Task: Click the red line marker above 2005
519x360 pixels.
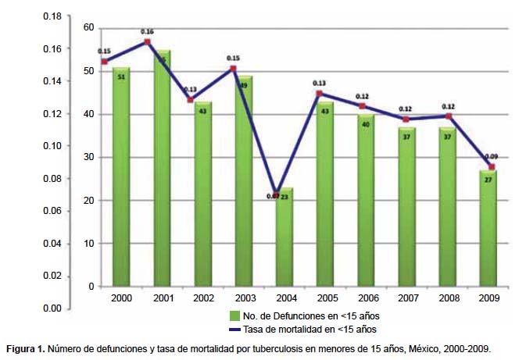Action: [x=320, y=94]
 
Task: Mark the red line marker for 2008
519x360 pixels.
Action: [x=448, y=116]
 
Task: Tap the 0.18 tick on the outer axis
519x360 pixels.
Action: [x=52, y=16]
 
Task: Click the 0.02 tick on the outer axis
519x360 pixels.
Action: [x=52, y=276]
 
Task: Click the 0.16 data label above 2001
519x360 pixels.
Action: [x=147, y=32]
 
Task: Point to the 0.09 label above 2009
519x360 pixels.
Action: [x=490, y=157]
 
